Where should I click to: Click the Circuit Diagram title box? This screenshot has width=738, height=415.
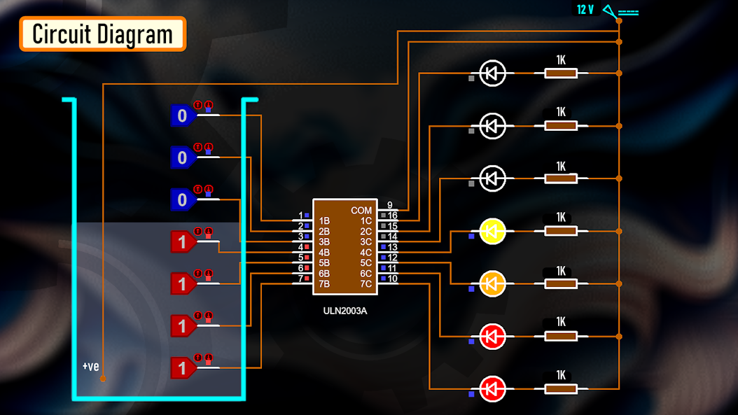point(102,34)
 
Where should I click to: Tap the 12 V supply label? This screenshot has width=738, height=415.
point(585,10)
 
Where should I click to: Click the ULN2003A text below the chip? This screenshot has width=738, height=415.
point(344,311)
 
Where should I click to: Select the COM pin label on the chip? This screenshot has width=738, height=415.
point(361,210)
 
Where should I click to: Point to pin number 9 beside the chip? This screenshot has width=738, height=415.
point(389,205)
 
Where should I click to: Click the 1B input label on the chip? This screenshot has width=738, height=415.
point(324,220)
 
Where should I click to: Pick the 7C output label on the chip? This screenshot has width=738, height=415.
point(365,284)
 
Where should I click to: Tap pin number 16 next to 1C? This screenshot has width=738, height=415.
point(392,216)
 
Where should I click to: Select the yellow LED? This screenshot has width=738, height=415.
point(492,231)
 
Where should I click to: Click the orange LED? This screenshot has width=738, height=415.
point(492,283)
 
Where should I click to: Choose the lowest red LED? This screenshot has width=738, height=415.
point(492,388)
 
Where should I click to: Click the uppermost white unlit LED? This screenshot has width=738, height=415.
point(492,73)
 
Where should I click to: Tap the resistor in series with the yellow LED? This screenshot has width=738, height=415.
point(561,231)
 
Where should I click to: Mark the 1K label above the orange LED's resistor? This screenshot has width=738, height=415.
point(561,270)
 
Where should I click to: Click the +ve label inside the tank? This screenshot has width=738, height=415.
point(90,366)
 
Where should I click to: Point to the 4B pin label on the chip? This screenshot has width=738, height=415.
point(324,253)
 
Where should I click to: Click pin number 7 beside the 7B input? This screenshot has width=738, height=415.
point(300,279)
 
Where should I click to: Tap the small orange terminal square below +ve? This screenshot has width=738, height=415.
point(103,379)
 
